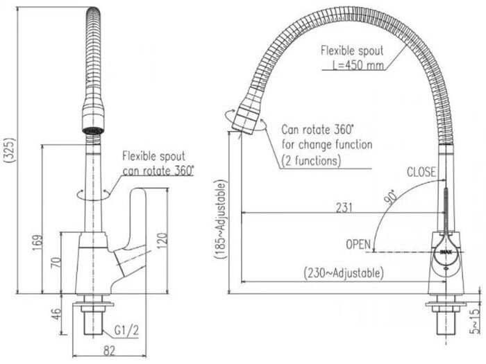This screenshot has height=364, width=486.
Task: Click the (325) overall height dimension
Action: click(10, 150)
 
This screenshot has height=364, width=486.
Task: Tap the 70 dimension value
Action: click(56, 263)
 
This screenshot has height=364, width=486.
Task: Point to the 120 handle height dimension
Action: click(162, 241)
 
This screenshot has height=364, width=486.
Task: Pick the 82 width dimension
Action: click(109, 351)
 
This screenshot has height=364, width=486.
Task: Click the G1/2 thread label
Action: click(126, 331)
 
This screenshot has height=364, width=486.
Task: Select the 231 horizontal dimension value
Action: click(344, 208)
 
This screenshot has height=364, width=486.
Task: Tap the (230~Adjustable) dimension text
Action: click(344, 273)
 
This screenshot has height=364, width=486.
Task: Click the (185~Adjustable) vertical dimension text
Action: click(221, 219)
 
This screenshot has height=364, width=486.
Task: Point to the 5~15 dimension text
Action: click(474, 321)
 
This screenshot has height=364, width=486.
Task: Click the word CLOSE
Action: click(421, 172)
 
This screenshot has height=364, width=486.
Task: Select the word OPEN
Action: click(358, 245)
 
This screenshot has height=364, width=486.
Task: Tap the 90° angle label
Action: click(391, 197)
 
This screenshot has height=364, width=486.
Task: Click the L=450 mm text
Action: click(358, 65)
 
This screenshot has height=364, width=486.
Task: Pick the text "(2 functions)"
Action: click(311, 161)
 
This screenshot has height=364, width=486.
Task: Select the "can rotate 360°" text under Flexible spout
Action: click(158, 171)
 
